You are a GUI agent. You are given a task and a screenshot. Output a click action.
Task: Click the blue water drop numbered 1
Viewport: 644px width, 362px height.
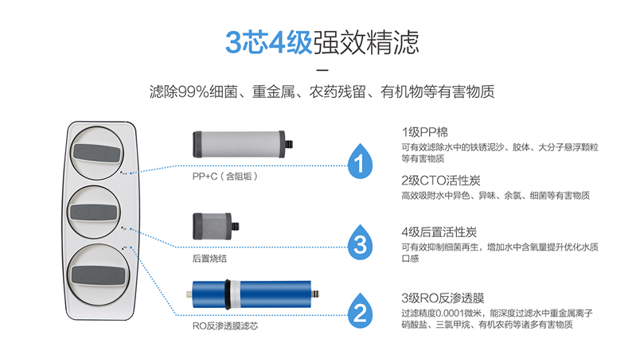[x=360, y=162]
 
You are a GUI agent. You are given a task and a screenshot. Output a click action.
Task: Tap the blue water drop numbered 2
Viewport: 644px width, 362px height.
[x=360, y=311]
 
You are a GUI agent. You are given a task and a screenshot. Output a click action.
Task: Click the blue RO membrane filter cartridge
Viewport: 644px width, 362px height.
[x=252, y=294]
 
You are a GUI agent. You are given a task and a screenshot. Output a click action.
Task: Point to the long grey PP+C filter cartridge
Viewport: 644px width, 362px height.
[x=243, y=144]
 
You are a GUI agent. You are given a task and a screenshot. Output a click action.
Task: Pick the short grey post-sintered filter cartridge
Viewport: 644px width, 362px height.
[x=216, y=226]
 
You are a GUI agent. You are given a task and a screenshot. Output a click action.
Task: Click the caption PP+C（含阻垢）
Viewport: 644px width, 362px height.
[x=225, y=177]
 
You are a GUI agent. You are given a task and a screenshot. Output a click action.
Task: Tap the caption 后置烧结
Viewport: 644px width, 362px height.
[x=209, y=259]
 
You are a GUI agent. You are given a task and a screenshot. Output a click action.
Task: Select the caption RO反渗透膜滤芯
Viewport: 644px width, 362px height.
[x=225, y=326]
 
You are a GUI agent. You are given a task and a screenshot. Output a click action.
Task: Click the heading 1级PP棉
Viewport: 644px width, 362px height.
[x=424, y=132]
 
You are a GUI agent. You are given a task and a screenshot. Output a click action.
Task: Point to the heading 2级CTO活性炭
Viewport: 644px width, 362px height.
[x=441, y=180]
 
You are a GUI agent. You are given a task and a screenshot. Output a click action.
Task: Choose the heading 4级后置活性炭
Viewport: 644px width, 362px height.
[x=439, y=232]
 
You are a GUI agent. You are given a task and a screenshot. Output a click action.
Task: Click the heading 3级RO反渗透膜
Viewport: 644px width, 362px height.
[x=443, y=298]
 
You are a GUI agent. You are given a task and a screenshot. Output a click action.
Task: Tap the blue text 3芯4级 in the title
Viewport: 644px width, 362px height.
[x=269, y=42]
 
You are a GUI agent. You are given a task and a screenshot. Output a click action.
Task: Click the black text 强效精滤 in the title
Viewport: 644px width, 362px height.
[x=366, y=42]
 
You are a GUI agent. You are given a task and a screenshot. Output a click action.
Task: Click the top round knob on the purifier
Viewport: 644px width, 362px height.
[x=97, y=153]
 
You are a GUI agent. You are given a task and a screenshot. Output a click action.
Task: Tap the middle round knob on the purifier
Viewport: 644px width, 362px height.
[x=94, y=212]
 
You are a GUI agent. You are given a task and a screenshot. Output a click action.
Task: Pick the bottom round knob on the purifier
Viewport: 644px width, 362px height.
[x=99, y=274]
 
